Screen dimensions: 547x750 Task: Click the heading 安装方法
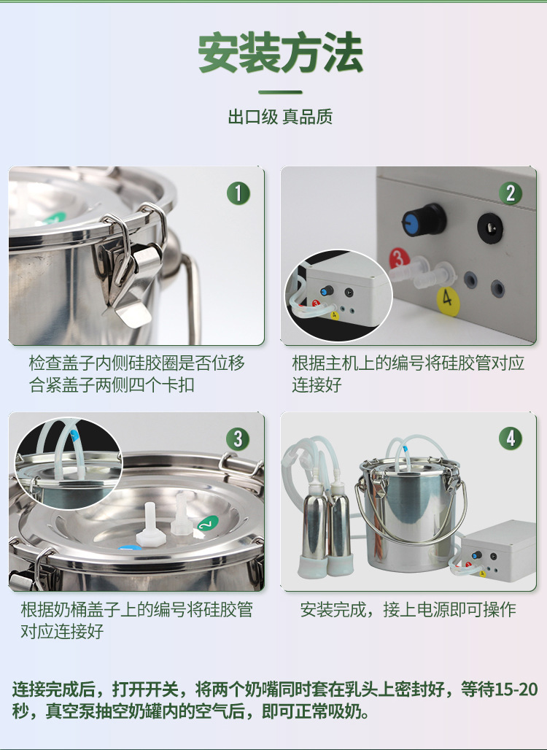pos(280,53)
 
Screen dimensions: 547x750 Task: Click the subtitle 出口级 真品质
pos(280,117)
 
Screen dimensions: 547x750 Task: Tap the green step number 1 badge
pos(238,193)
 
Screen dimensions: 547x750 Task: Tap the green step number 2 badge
pos(511,193)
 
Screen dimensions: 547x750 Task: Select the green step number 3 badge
pos(238,439)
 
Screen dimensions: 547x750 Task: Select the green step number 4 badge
pos(511,438)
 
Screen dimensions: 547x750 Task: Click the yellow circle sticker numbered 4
pos(448,301)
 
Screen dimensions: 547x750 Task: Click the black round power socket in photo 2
pos(490,228)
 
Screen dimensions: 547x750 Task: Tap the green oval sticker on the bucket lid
pos(208,525)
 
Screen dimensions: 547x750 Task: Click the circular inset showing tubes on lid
pos(69,463)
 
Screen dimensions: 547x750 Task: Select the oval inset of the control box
pos(339,295)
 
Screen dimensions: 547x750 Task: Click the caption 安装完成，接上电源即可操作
pos(408,609)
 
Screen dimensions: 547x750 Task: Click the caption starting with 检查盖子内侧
pos(137,374)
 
